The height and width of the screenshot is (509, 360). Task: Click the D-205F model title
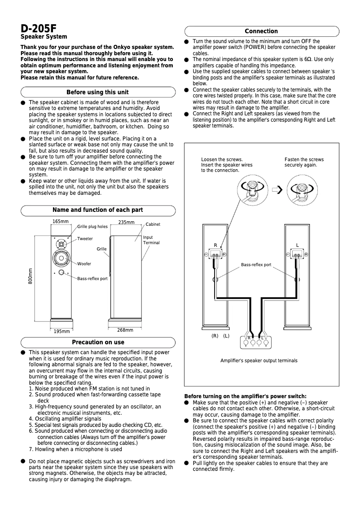(x=38, y=28)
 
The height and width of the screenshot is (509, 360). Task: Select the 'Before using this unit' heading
(x=97, y=92)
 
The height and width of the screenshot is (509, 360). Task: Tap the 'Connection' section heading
(x=261, y=31)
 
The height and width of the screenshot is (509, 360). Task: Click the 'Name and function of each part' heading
(x=97, y=210)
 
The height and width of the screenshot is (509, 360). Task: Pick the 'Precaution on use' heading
(x=98, y=342)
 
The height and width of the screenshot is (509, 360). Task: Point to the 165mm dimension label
(x=61, y=222)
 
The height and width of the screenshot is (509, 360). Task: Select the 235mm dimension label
(x=126, y=223)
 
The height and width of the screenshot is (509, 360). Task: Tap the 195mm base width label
(x=61, y=332)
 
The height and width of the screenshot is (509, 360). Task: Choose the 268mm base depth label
(x=125, y=330)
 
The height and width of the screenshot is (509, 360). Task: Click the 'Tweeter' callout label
(x=85, y=239)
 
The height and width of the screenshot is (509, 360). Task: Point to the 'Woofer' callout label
(x=84, y=264)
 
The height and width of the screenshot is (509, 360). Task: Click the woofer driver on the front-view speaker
(x=61, y=259)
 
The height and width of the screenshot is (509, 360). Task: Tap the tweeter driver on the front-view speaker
(x=61, y=244)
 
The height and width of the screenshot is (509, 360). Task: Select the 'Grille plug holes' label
(x=92, y=227)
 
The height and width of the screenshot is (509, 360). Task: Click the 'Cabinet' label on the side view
(x=153, y=224)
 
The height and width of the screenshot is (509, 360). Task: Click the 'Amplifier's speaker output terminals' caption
(x=259, y=360)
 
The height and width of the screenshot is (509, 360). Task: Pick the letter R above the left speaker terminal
(x=215, y=245)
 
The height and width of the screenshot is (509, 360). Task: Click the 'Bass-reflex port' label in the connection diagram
(x=256, y=265)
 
